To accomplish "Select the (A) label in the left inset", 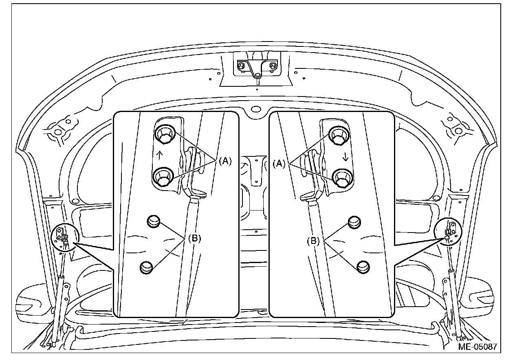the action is (x=225, y=161).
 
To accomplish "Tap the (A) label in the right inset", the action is (x=280, y=164).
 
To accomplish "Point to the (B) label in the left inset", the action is (x=195, y=239).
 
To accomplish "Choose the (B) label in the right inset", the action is (x=314, y=241).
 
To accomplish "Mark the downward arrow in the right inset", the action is (x=346, y=158).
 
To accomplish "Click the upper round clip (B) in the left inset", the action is (x=154, y=221).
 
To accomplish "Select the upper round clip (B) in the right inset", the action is (x=354, y=222).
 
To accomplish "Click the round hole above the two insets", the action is (x=255, y=109).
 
